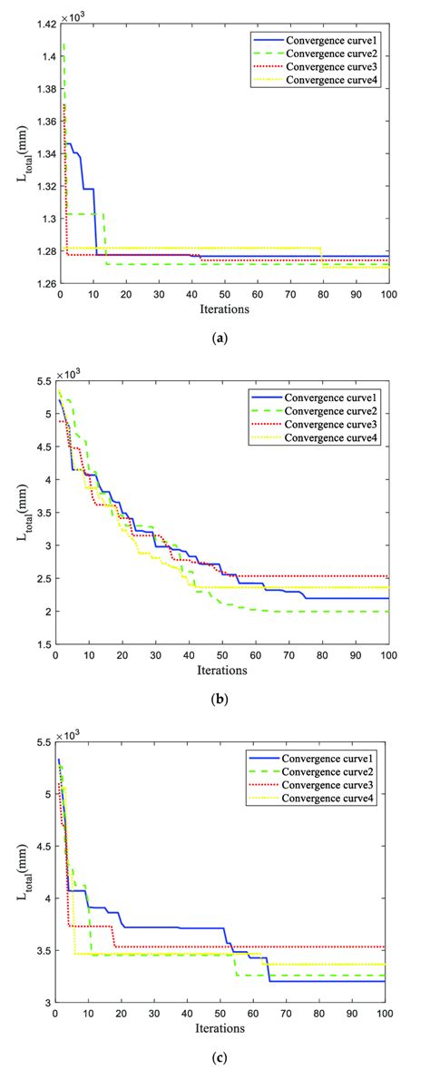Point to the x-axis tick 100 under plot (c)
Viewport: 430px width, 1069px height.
pos(386,1014)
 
